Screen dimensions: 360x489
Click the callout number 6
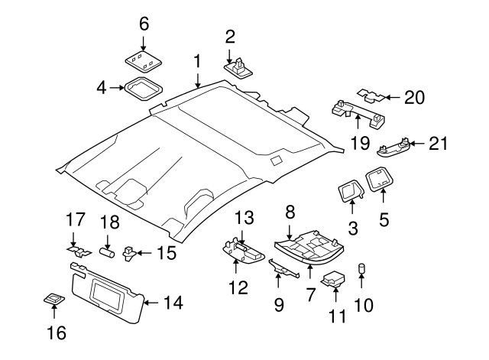pos(143,24)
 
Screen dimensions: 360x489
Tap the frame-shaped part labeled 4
pos(142,89)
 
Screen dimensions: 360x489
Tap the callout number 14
pos(173,303)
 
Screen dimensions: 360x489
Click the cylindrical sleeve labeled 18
pos(108,250)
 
